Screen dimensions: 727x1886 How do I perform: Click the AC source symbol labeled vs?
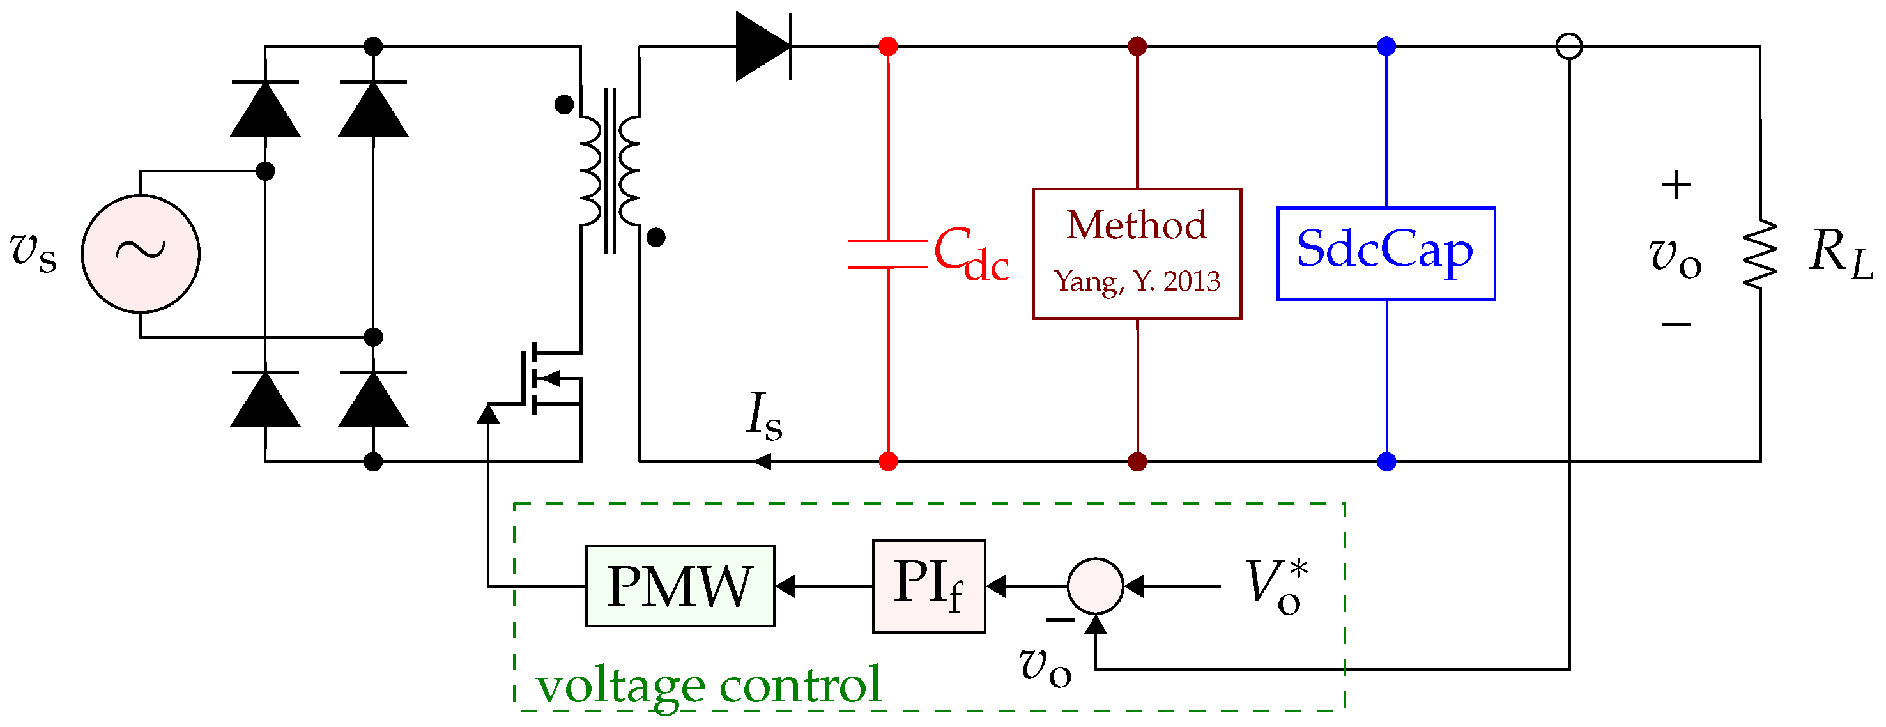141,254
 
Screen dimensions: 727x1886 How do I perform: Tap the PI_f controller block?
928,586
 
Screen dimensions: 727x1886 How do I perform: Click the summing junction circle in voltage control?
1094,586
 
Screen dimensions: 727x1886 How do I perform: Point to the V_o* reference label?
1276,586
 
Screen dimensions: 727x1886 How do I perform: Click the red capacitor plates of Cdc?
887,254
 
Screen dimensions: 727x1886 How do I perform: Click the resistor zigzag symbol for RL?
1759,254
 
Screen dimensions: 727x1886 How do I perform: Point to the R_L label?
1839,254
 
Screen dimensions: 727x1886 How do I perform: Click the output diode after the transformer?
763,46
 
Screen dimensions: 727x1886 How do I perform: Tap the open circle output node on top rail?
1569,46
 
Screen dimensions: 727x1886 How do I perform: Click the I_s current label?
763,416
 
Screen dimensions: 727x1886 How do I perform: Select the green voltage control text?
709,685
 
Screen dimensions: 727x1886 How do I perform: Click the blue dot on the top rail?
1386,46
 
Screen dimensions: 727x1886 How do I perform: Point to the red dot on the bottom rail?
887,461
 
